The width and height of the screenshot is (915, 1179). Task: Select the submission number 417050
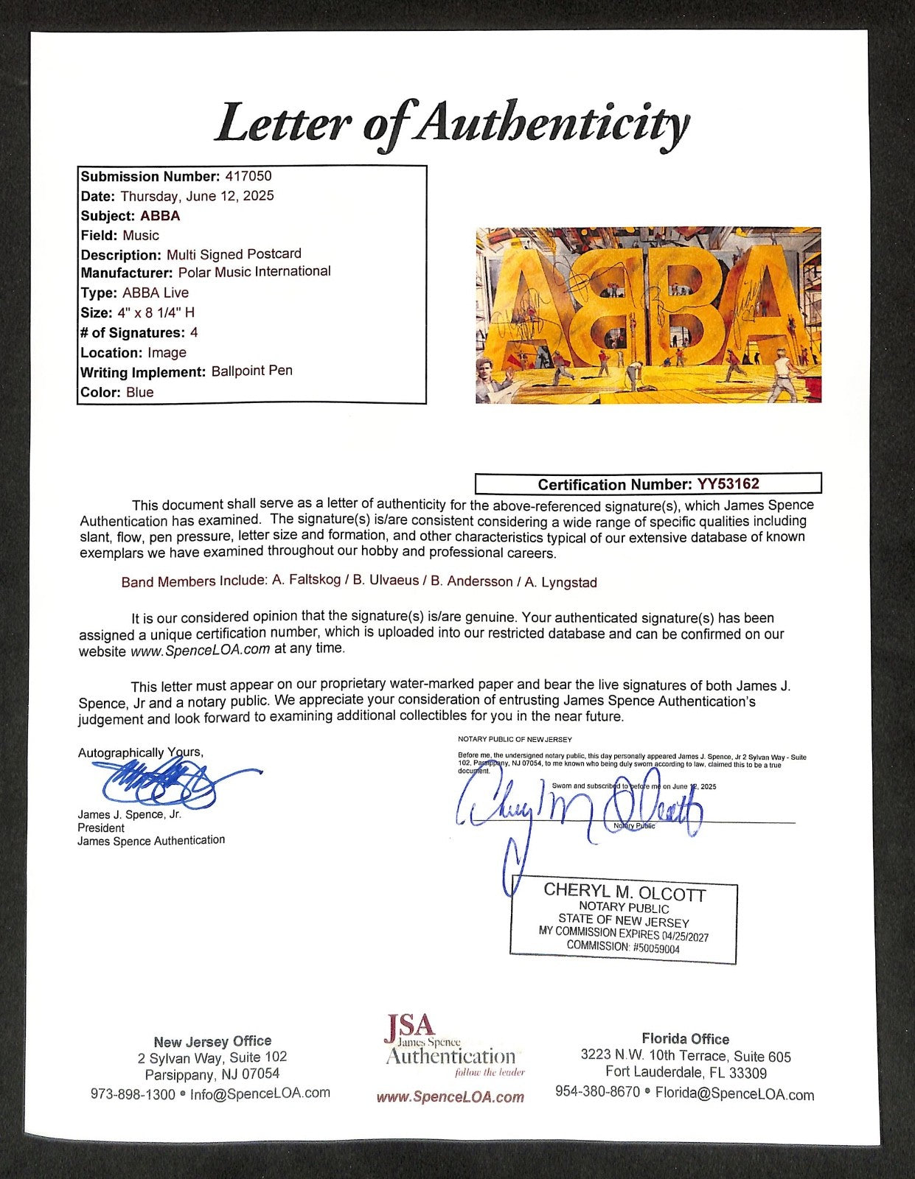247,176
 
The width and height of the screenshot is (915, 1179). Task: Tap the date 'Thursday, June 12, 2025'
197,196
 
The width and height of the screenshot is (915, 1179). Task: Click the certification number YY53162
728,484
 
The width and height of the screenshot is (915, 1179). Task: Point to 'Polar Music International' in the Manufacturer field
254,272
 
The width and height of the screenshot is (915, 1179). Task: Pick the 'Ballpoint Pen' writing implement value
251,371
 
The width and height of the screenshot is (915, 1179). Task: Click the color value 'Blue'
139,392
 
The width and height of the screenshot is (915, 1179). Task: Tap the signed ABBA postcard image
648,315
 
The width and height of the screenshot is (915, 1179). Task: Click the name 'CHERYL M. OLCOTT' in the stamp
624,892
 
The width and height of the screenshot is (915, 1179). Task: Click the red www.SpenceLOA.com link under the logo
450,1097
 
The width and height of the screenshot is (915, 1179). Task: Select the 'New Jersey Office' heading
212,1041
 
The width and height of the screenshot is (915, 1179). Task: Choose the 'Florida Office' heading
685,1039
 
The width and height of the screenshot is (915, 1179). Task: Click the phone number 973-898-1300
133,1094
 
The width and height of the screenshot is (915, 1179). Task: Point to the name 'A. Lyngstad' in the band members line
560,582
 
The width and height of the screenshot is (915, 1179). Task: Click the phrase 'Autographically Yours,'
140,752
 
